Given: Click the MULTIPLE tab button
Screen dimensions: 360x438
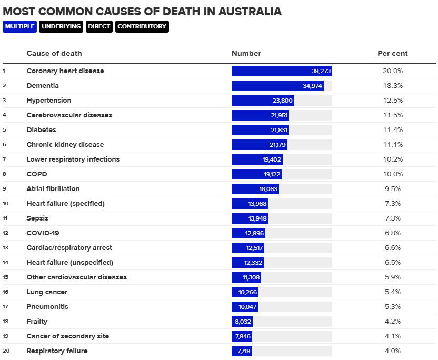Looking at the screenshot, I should click(19, 26).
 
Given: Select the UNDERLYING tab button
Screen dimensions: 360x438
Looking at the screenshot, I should click(61, 26).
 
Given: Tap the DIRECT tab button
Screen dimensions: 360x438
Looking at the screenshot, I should click(99, 26).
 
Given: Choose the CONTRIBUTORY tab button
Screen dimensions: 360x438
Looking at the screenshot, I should click(142, 26).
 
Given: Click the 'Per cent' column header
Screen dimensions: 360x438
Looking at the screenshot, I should click(392, 53).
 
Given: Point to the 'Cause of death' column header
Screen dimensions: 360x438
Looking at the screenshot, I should click(54, 53).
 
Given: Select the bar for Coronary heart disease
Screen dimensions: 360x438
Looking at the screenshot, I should click(282, 71).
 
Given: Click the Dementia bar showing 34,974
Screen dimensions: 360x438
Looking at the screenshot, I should click(277, 86).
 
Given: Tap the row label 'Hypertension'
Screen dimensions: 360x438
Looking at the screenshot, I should click(49, 101).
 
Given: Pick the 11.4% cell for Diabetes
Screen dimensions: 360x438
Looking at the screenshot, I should click(392, 130).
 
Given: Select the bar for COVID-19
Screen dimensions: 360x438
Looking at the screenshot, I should click(248, 233).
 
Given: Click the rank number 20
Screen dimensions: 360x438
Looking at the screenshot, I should click(5, 351).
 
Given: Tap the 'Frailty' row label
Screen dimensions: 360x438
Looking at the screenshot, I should click(37, 322).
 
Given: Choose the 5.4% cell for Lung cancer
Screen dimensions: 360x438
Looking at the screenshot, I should click(392, 292).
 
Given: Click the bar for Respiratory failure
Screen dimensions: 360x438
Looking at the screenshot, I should click(242, 351).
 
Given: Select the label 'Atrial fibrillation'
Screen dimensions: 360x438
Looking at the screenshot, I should click(53, 189).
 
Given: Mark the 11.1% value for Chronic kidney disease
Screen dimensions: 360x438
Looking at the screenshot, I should click(392, 145).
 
